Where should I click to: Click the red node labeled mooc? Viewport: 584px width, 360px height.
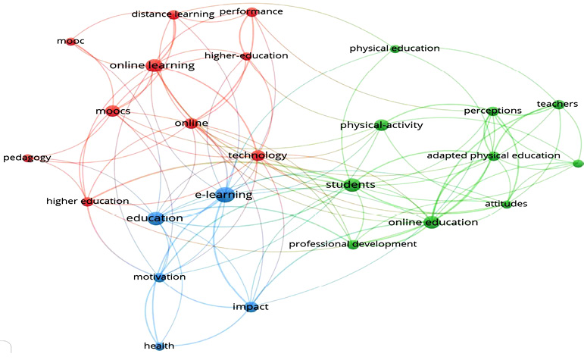(x=70, y=41)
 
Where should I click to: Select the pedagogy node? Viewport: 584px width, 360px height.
(x=27, y=158)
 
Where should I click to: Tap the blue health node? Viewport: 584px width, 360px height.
(x=159, y=346)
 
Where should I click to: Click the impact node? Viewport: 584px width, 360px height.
(x=251, y=307)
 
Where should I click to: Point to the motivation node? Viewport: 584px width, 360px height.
(x=160, y=277)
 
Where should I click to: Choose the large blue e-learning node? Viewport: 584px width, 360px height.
(x=225, y=195)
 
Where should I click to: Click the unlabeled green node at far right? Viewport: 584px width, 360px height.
(x=578, y=163)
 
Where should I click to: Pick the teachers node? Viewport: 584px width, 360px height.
(x=557, y=104)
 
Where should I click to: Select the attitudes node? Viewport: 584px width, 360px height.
(x=507, y=204)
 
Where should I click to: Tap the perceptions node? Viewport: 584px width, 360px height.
(x=493, y=111)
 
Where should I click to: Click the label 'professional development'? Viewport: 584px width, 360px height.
(x=353, y=244)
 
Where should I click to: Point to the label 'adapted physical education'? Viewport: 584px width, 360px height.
(x=494, y=155)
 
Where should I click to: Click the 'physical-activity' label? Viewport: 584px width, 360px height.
(x=382, y=125)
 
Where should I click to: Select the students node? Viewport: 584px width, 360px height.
(x=351, y=184)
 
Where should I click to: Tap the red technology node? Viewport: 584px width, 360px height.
(x=258, y=155)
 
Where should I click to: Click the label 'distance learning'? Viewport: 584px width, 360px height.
(x=173, y=14)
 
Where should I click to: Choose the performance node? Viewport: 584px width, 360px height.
(x=251, y=12)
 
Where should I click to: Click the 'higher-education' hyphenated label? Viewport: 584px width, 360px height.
(x=246, y=56)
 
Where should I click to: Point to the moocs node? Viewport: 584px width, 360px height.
(x=112, y=111)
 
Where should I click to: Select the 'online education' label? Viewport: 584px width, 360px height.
(x=433, y=223)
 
